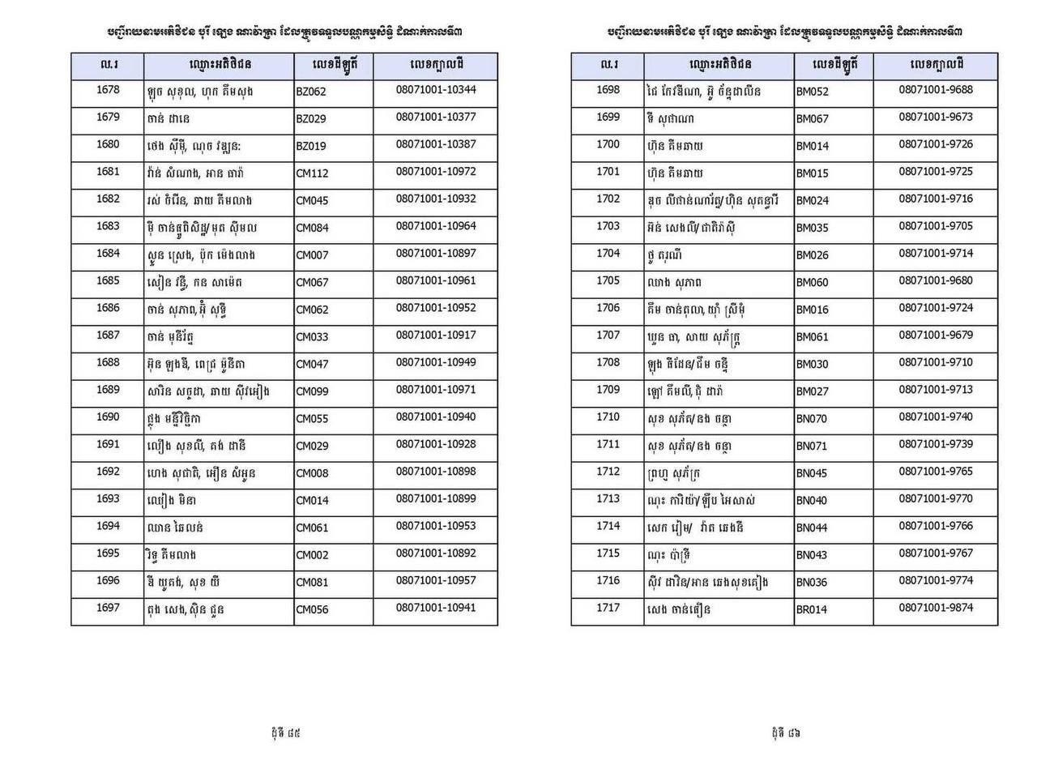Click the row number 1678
(x=108, y=90)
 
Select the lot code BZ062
(x=311, y=92)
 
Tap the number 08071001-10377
(x=436, y=117)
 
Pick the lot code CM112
(x=312, y=173)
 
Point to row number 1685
(x=108, y=280)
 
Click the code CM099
(x=313, y=391)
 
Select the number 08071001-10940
(x=436, y=417)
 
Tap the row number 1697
(x=108, y=608)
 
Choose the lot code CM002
(x=313, y=555)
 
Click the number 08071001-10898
(x=436, y=472)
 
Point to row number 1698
(x=608, y=90)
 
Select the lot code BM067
(x=812, y=119)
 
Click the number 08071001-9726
(x=936, y=144)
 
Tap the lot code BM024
(x=812, y=201)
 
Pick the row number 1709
(x=608, y=390)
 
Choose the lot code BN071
(x=812, y=446)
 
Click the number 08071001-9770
(x=936, y=498)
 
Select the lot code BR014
(x=811, y=609)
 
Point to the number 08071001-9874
(x=936, y=608)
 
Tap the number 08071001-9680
(x=936, y=280)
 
